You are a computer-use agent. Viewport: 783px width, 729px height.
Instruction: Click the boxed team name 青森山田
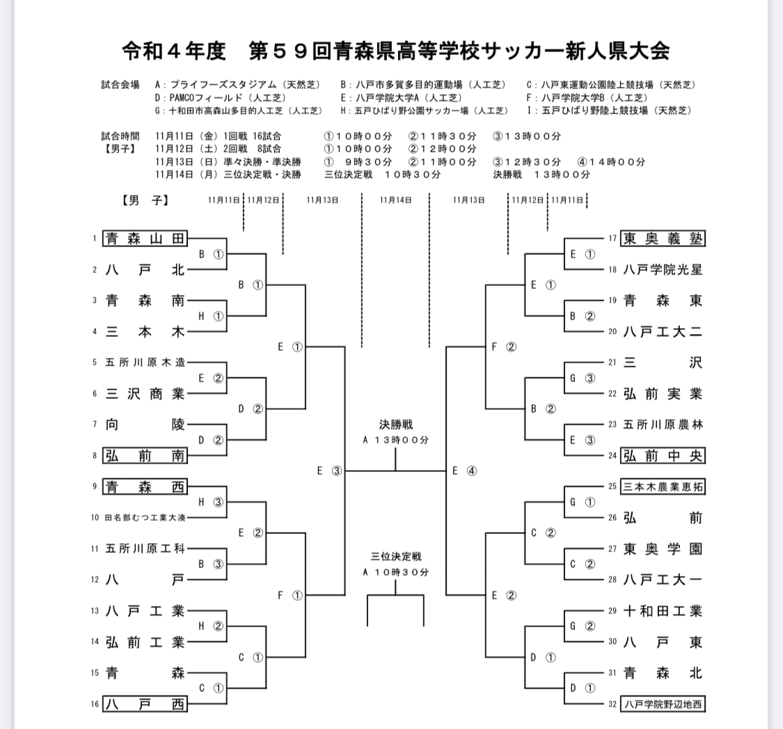pyautogui.click(x=145, y=239)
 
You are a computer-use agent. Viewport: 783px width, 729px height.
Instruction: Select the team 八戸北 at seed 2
pyautogui.click(x=145, y=270)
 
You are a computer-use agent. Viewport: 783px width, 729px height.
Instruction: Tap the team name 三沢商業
pyautogui.click(x=145, y=393)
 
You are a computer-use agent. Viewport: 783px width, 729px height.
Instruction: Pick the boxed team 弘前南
pyautogui.click(x=145, y=455)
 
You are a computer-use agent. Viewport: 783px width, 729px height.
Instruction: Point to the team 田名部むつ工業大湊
pyautogui.click(x=145, y=517)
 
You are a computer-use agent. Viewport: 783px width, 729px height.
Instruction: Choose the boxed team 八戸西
pyautogui.click(x=145, y=704)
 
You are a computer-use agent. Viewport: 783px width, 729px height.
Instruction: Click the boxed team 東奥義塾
pyautogui.click(x=663, y=239)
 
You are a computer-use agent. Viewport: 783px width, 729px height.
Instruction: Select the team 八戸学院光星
pyautogui.click(x=663, y=270)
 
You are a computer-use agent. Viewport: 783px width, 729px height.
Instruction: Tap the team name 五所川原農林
pyautogui.click(x=663, y=425)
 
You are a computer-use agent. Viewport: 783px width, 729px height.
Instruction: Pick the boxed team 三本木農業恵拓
pyautogui.click(x=663, y=487)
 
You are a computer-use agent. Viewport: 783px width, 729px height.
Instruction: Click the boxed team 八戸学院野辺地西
pyautogui.click(x=663, y=704)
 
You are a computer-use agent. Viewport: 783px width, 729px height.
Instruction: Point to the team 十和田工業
pyautogui.click(x=663, y=611)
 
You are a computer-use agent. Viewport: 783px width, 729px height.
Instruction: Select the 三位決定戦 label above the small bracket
pyautogui.click(x=395, y=556)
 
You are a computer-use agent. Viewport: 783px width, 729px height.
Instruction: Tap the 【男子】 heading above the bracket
pyautogui.click(x=143, y=200)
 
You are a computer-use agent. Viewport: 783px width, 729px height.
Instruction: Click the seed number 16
pyautogui.click(x=95, y=704)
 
